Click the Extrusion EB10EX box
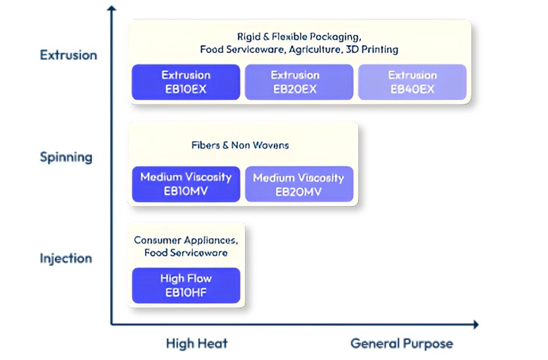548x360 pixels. tap(186, 82)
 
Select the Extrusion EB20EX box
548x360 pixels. tap(299, 82)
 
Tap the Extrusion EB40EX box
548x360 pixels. tap(412, 82)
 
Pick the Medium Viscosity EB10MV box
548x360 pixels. tap(186, 184)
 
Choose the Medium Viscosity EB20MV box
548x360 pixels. tap(299, 184)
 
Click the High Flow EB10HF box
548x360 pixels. tap(186, 285)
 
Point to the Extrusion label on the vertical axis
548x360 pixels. tap(68, 55)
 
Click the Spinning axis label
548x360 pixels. tap(66, 157)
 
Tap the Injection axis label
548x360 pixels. tap(66, 259)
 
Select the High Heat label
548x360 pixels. tap(197, 343)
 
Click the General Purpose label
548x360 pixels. tap(402, 343)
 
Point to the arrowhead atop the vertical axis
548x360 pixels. tap(112, 8)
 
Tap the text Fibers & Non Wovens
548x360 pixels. tap(240, 145)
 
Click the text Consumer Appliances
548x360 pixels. tap(186, 240)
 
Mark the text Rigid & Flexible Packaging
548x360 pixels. tap(299, 37)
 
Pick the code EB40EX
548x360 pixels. tap(412, 89)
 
